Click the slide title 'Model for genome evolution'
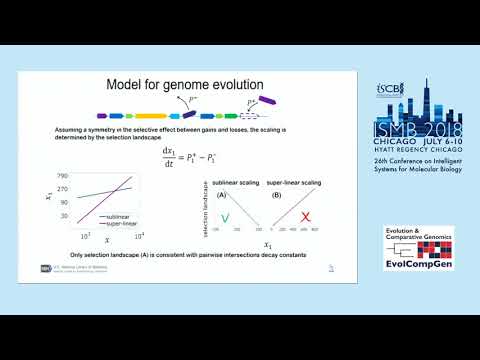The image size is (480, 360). click(186, 85)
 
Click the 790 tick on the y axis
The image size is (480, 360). click(62, 176)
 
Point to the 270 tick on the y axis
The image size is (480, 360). click(62, 188)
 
